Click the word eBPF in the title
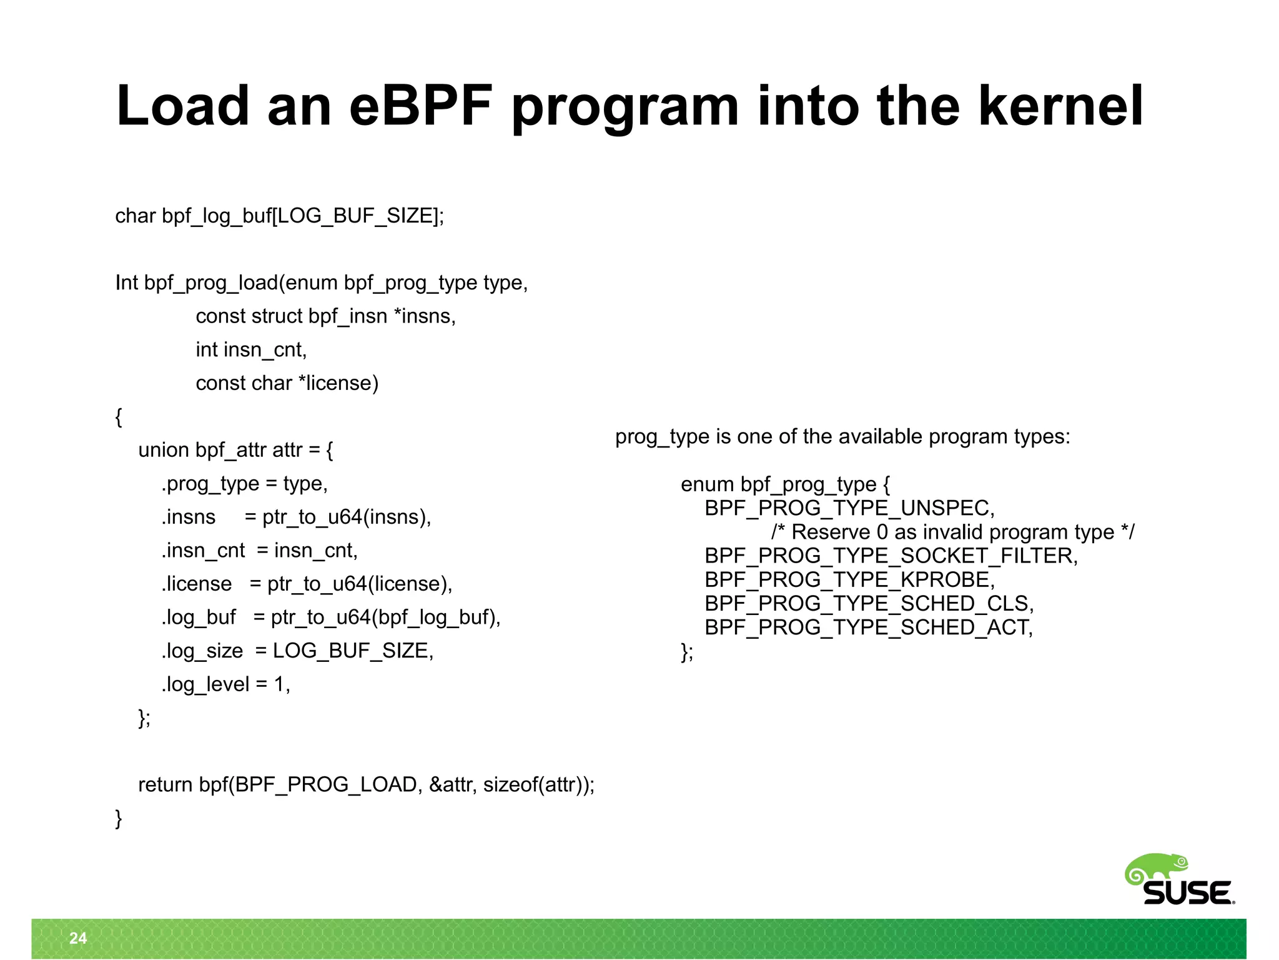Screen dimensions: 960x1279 coord(420,106)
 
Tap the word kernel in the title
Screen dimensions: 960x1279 coord(1060,106)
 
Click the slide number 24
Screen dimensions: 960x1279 coord(78,938)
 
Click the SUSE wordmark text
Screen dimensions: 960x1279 coord(1187,893)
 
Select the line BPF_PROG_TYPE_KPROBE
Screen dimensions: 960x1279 coord(849,580)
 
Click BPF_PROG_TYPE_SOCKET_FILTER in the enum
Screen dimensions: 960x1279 coord(891,556)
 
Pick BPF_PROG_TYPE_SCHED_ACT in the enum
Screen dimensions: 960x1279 coord(868,627)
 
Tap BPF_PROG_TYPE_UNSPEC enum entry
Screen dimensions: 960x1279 coord(849,509)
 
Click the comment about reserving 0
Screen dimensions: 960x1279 coord(952,532)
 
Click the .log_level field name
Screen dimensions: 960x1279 coord(205,685)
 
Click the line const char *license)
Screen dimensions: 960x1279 coord(287,383)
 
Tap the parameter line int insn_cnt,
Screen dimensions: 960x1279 coord(251,350)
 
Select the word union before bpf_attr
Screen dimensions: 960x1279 coord(164,451)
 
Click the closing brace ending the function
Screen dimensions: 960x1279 coord(119,818)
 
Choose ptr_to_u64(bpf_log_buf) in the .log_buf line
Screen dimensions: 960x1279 coord(384,617)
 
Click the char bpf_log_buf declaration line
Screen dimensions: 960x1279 coord(279,216)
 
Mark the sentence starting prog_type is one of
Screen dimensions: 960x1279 coord(842,437)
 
